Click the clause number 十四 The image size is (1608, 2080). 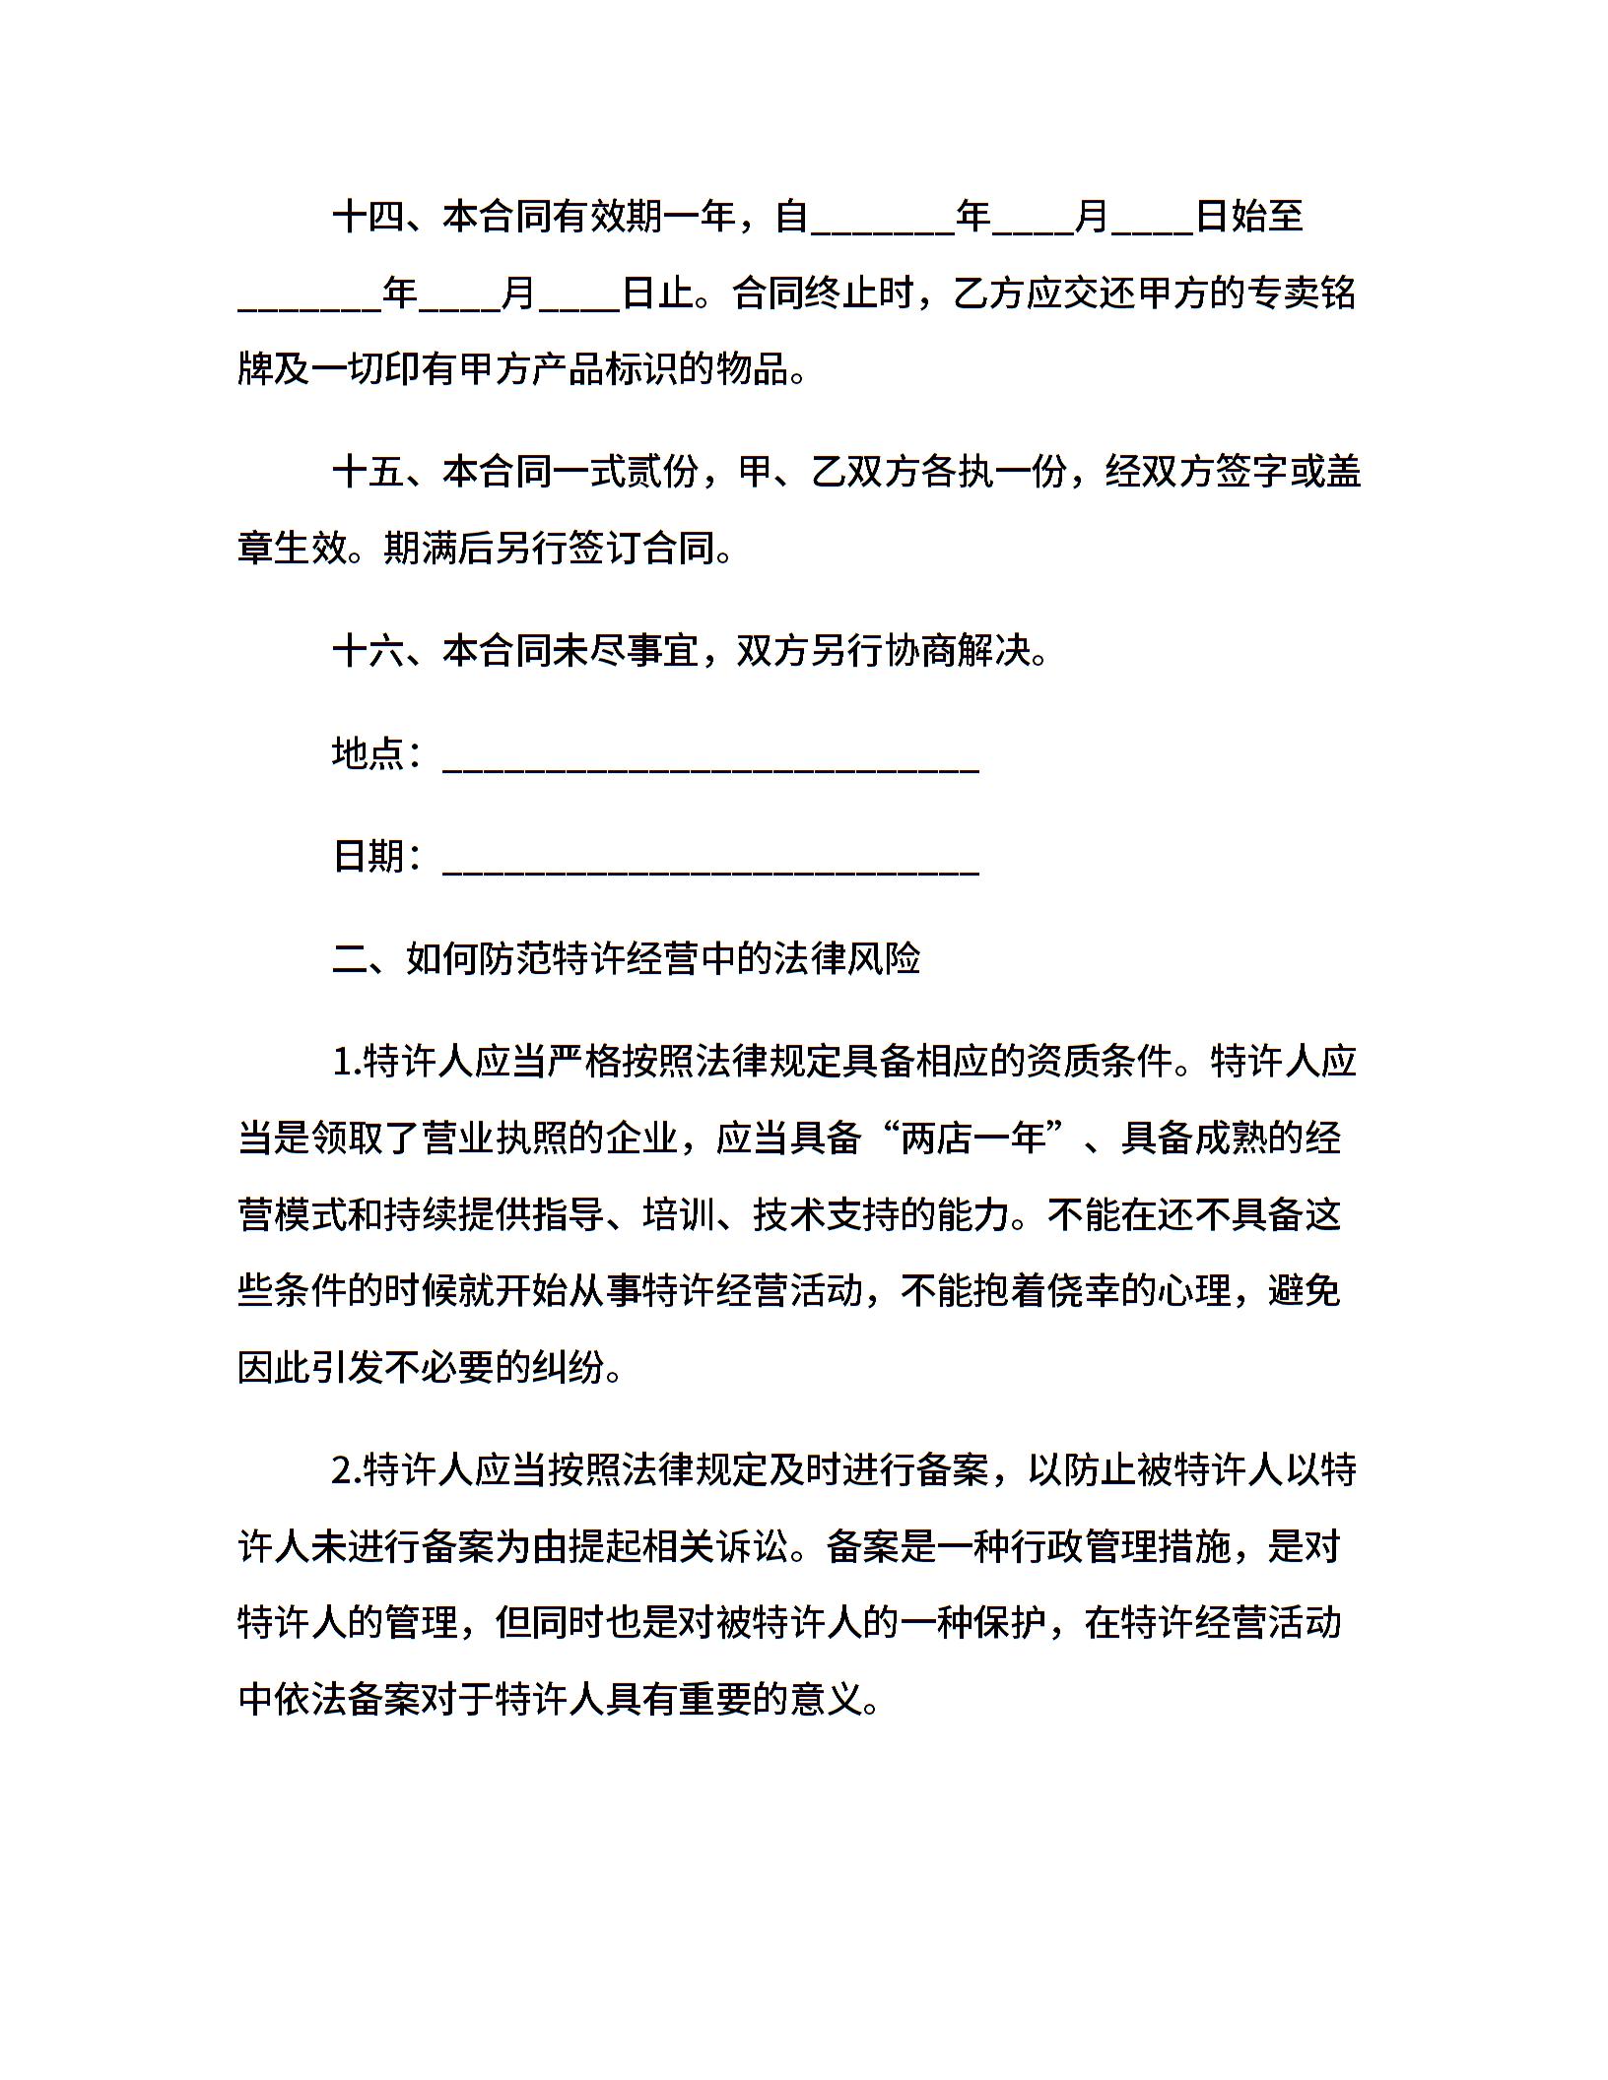click(x=368, y=217)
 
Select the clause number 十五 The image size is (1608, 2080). click(x=368, y=472)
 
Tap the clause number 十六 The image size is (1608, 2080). click(x=368, y=651)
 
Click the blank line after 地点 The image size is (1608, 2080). click(x=710, y=769)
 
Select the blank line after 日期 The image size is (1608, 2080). click(x=710, y=871)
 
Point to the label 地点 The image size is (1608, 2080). click(x=368, y=753)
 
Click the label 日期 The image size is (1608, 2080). click(x=368, y=856)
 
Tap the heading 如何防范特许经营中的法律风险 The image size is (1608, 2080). click(x=662, y=958)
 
